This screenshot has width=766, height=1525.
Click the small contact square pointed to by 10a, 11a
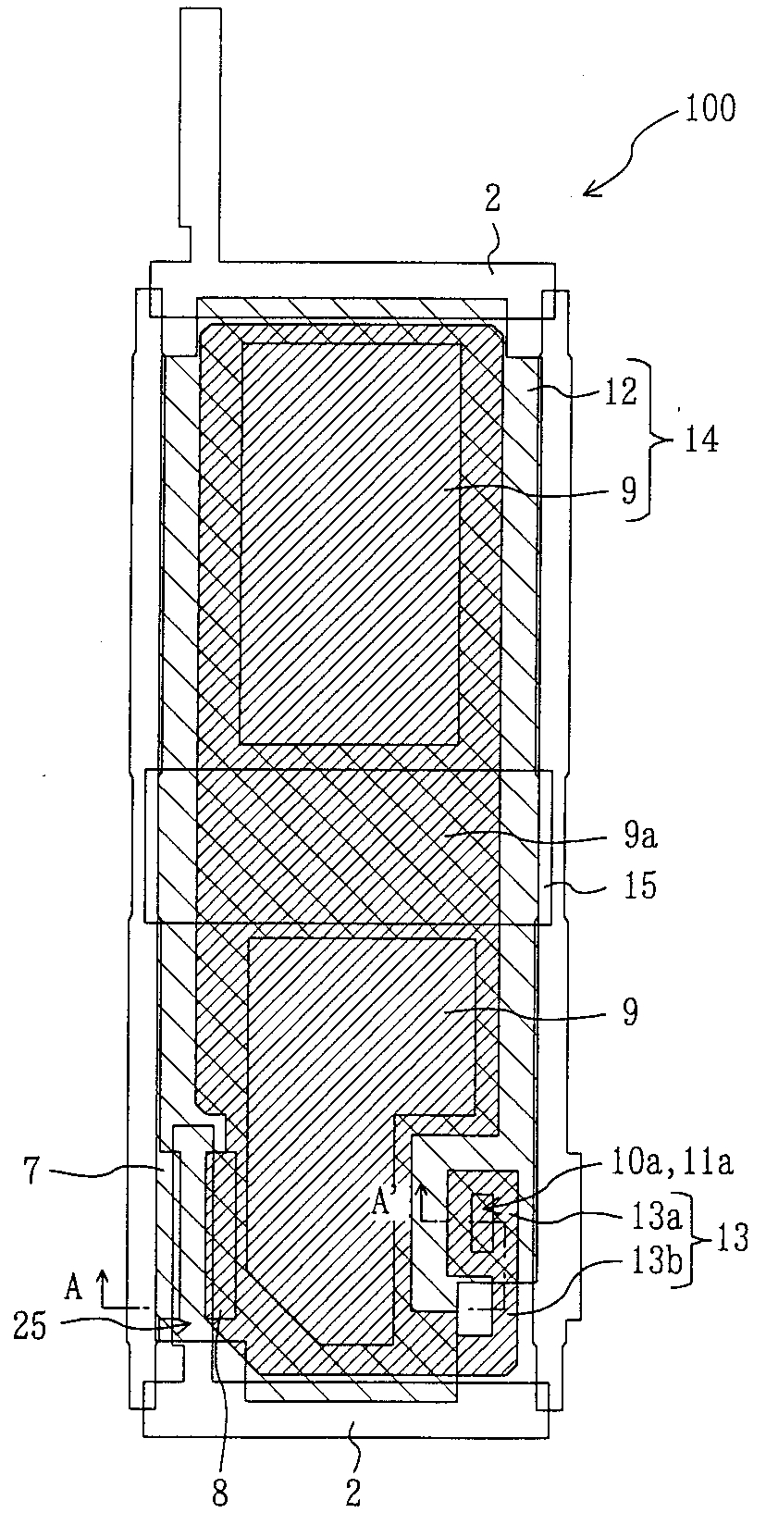(482, 1206)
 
